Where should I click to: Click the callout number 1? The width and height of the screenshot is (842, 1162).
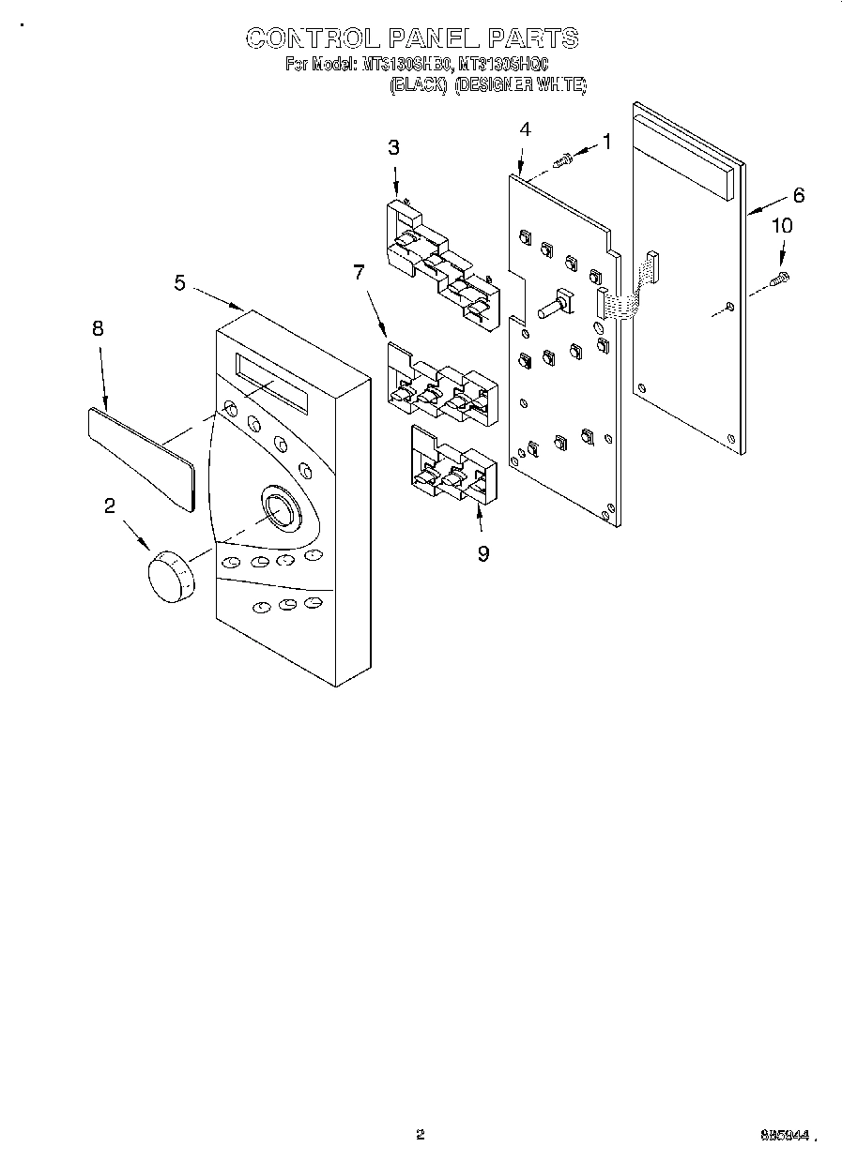tap(606, 143)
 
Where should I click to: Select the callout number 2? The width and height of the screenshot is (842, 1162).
tap(110, 506)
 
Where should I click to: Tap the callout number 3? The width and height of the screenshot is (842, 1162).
tap(393, 146)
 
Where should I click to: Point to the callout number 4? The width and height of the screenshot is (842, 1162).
tap(526, 129)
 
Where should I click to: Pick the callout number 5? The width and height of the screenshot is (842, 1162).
tap(179, 282)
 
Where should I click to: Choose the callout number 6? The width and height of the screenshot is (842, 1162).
tap(798, 195)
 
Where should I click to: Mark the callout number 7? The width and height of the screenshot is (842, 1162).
tap(358, 273)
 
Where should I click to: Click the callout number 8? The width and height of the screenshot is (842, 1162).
tap(98, 328)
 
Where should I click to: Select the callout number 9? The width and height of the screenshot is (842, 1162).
tap(482, 553)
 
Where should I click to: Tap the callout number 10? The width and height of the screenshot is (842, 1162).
tap(781, 226)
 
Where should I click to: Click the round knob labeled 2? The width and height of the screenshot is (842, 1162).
tap(170, 575)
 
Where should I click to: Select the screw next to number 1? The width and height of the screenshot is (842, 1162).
tap(563, 161)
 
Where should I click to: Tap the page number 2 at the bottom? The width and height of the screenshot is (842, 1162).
tap(420, 1135)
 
